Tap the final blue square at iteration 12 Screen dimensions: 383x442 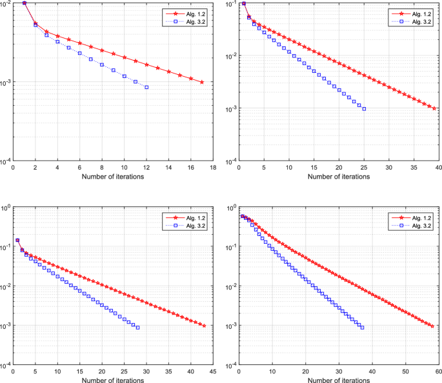[146, 87]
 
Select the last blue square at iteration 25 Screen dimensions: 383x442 [364, 109]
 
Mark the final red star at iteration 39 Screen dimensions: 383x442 [434, 108]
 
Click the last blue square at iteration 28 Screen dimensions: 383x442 [137, 328]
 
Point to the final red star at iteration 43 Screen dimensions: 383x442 [204, 326]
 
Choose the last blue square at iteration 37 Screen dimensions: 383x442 [362, 328]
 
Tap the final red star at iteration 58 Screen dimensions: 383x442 [432, 326]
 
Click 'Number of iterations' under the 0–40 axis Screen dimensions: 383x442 [339, 177]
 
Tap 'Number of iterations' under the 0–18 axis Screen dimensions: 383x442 [113, 177]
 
